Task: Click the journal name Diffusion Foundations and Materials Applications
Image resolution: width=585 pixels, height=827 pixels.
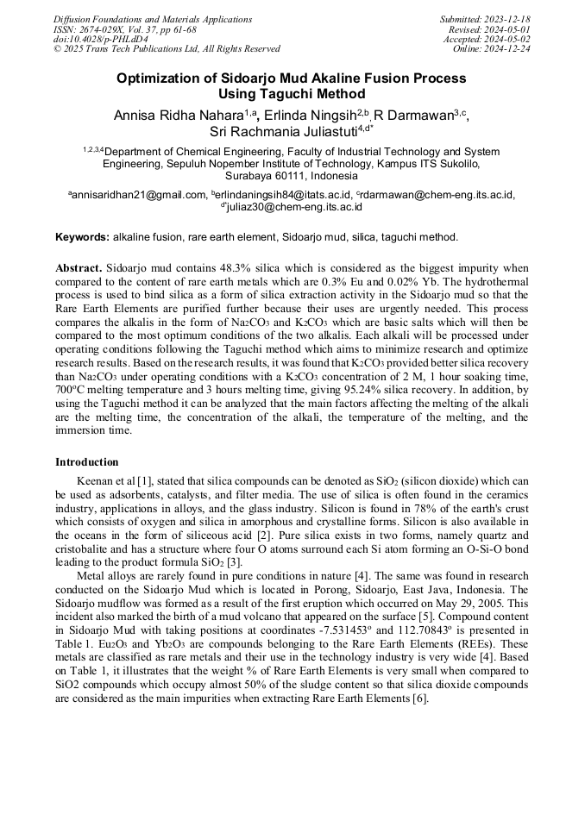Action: (153, 19)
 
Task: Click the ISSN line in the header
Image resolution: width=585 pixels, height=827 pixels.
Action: (125, 29)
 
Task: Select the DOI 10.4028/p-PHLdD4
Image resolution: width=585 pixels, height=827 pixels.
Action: (101, 39)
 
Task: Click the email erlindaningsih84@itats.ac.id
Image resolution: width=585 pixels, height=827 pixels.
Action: (283, 195)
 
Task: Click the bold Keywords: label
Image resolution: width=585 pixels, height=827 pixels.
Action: (82, 236)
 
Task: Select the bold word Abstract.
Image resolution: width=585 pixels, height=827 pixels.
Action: (79, 268)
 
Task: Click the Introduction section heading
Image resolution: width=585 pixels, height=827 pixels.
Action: (86, 462)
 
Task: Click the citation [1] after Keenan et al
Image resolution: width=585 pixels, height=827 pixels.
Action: (142, 480)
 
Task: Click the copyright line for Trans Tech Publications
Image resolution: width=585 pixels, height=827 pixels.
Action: (167, 49)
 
